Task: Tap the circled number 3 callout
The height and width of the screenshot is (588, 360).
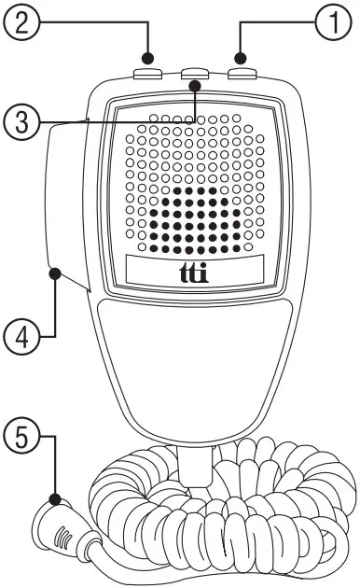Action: (x=20, y=120)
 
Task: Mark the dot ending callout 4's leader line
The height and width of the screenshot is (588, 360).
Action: (x=57, y=274)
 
